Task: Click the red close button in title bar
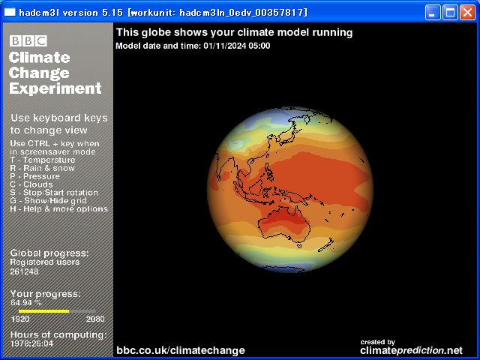pos(467,13)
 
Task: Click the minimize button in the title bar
pos(433,13)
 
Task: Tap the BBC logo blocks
pos(28,40)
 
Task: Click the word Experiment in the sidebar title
pos(55,88)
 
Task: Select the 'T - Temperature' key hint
pos(43,160)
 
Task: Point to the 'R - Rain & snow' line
pos(43,168)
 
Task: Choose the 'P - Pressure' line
pos(35,176)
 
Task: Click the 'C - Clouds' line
pos(31,184)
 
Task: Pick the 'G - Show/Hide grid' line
pos(48,201)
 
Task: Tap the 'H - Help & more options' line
pos(59,209)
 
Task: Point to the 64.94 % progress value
pos(26,303)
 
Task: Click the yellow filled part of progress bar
pos(43,311)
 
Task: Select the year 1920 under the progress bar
pos(20,319)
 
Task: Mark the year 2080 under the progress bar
pos(95,319)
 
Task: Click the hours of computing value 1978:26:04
pos(31,343)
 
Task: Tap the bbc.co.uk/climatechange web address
pos(181,350)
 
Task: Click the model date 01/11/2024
pos(225,46)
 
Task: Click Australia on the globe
pos(283,223)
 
